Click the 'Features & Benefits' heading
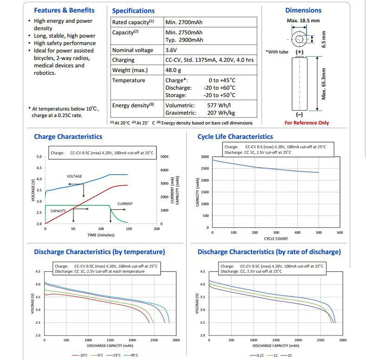[64, 10]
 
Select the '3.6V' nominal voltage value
[171, 50]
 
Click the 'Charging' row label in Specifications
[123, 60]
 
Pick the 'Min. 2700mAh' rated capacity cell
[184, 22]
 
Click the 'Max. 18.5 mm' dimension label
[303, 20]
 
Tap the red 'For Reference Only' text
[307, 123]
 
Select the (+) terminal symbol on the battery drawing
[300, 52]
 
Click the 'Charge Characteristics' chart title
[68, 137]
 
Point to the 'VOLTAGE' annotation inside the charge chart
[74, 176]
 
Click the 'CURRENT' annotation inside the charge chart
[125, 204]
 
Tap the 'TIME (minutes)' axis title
[101, 235]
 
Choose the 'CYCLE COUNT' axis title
[276, 239]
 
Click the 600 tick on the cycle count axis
[340, 233]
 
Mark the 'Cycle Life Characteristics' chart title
[235, 137]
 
